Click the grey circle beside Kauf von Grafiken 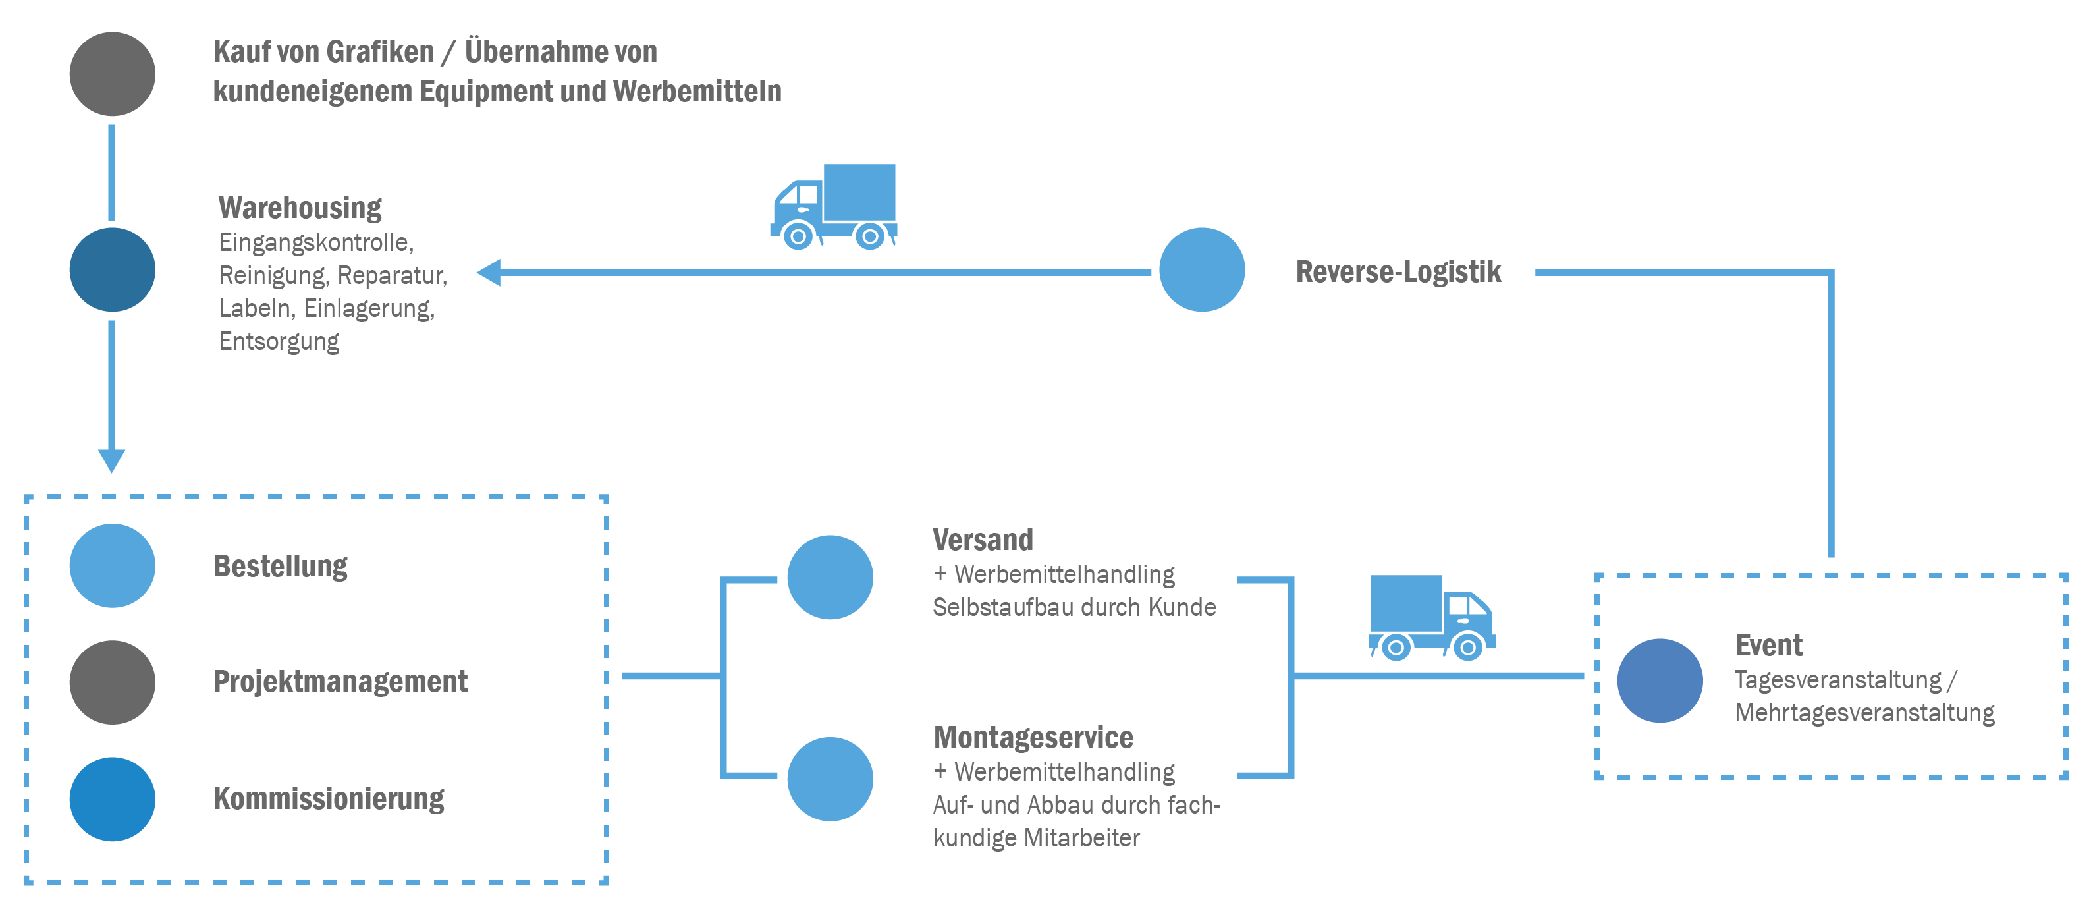click(112, 74)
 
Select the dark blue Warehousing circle click(112, 270)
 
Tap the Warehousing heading click(300, 208)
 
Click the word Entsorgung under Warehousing click(279, 341)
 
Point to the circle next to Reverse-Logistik click(1202, 270)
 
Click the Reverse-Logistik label click(1398, 271)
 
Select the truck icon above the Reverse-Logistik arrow click(834, 208)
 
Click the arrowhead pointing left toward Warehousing click(488, 272)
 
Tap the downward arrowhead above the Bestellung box click(111, 460)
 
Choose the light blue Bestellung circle click(112, 566)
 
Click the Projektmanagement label click(340, 682)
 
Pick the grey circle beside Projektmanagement click(112, 682)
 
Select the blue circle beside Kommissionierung click(112, 799)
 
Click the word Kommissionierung click(328, 799)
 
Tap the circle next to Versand click(830, 577)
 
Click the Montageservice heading click(1033, 738)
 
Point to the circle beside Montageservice click(830, 779)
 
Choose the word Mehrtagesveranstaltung click(1864, 713)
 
